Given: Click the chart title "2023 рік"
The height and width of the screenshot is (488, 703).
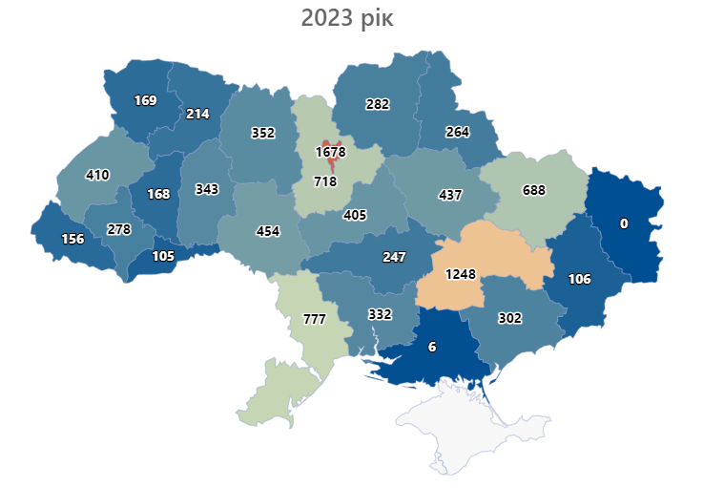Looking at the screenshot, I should point(346,18).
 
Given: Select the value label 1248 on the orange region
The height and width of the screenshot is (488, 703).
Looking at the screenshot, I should point(465,274).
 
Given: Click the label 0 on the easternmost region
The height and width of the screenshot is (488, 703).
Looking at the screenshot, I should point(624,223).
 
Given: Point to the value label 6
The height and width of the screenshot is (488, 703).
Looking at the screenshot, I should point(432,348).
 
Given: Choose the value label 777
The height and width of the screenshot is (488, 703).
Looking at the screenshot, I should point(314,318).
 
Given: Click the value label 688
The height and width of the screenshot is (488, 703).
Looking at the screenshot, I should point(534,190).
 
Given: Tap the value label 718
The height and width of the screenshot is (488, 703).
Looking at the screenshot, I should point(326,180).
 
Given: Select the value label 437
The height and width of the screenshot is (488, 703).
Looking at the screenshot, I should point(449,195).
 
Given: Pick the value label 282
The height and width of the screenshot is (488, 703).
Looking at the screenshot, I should point(378,104).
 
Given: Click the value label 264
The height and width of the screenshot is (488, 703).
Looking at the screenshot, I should point(457,132).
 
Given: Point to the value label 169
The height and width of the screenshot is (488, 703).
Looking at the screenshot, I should point(146,99).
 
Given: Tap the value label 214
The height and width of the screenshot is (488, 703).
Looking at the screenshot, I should point(197,114).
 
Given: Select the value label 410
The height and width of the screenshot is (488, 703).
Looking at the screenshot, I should point(97,175).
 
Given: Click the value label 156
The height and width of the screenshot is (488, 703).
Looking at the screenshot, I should point(71,240).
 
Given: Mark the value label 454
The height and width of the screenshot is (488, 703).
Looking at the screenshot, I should point(268,231).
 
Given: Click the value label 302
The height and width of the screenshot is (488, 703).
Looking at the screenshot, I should point(509,319).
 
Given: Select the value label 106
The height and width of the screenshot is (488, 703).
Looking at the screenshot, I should point(580,279).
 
